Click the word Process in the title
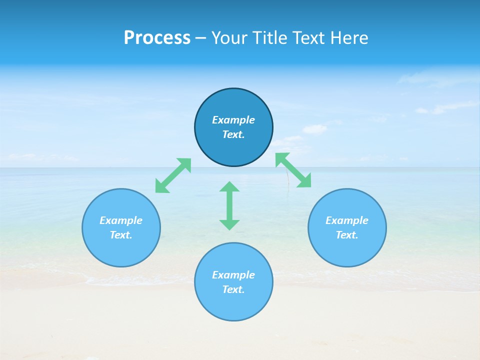[157, 38]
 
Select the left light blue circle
[121, 250]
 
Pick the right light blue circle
[347, 250]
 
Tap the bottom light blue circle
[233, 305]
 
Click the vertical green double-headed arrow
[229, 205]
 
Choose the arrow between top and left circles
[173, 175]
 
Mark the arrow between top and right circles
[293, 170]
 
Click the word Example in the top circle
[233, 120]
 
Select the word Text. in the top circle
[233, 134]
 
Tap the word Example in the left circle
[121, 220]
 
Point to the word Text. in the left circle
[121, 235]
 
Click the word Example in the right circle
[347, 220]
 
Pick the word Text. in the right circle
[347, 235]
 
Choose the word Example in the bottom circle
[233, 275]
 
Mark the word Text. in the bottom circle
[233, 289]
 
